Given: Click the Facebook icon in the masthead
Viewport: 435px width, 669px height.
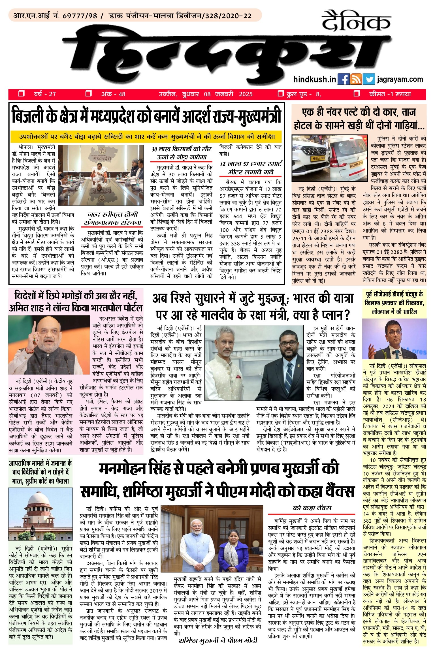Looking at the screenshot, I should click(344, 80).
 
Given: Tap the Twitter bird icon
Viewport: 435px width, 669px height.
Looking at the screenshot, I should click(368, 80).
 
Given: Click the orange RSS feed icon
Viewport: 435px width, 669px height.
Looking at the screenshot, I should click(356, 80).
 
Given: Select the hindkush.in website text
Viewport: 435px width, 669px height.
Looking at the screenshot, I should click(315, 79).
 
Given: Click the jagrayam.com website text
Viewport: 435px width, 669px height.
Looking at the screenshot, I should click(400, 79).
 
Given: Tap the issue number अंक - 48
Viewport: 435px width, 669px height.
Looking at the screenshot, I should click(113, 94).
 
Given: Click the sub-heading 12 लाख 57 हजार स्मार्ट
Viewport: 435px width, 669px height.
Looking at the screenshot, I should click(251, 164).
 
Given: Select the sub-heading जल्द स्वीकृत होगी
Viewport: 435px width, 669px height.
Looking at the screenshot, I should click(112, 214).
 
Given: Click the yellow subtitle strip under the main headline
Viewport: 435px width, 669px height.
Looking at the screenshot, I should click(146, 136).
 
